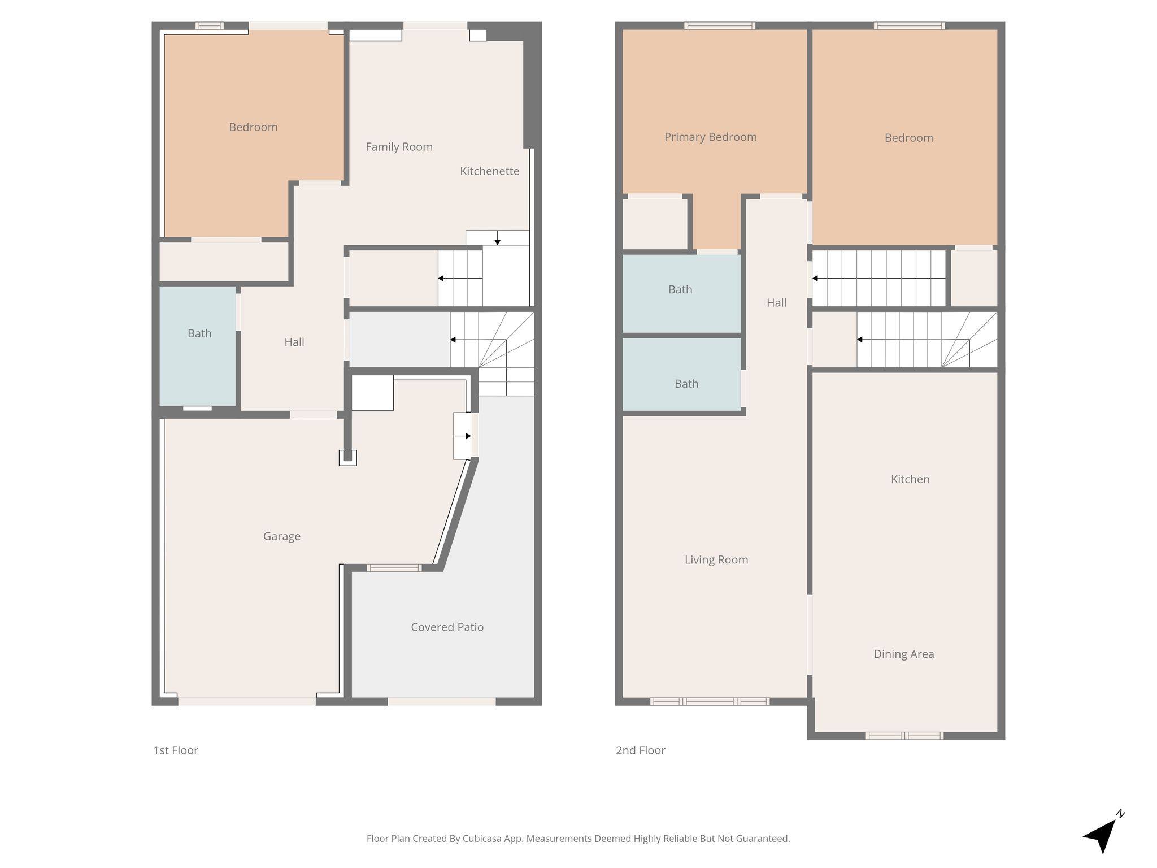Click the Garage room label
click(281, 536)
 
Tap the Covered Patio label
click(447, 627)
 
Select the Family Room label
click(399, 147)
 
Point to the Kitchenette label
click(489, 171)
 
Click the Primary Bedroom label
click(710, 137)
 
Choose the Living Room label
click(716, 560)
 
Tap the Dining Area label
click(904, 654)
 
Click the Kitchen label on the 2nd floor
click(910, 479)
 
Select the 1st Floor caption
click(176, 750)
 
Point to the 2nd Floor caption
click(641, 750)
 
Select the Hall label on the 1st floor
click(294, 342)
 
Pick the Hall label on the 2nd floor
click(776, 303)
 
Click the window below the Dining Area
click(905, 736)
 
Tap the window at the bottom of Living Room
click(710, 702)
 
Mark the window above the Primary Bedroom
click(720, 25)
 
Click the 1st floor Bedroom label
click(253, 127)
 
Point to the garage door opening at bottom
click(247, 701)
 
